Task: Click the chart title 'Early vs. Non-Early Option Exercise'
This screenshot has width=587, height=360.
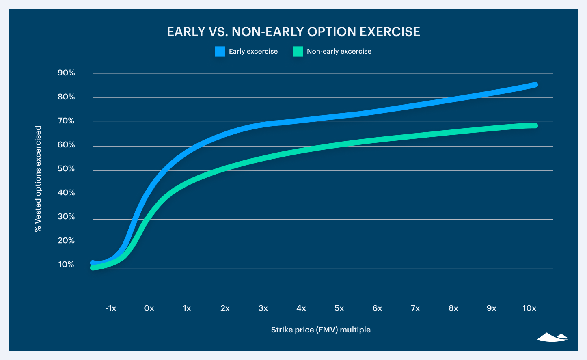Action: click(293, 32)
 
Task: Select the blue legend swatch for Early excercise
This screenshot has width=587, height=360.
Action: click(220, 52)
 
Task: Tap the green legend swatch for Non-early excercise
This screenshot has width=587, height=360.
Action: click(298, 52)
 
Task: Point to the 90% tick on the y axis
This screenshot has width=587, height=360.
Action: click(66, 73)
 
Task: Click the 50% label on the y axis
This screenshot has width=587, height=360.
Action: click(66, 169)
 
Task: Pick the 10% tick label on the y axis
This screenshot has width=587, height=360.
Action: click(66, 265)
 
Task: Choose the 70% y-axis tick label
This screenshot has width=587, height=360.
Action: click(66, 121)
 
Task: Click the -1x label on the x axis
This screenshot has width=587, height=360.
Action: click(111, 308)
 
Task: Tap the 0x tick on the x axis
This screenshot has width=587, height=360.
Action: click(149, 308)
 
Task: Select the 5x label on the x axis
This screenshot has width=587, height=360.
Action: click(339, 308)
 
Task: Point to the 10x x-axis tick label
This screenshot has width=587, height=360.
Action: click(529, 308)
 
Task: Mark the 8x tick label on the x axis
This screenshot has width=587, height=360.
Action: click(453, 308)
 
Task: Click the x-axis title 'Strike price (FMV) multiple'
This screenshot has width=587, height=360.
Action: click(321, 330)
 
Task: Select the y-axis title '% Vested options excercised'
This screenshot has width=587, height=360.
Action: click(38, 179)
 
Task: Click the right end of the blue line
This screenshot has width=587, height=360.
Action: click(535, 85)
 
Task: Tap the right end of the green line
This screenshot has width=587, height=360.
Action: click(535, 125)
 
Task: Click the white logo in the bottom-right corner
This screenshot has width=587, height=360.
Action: click(552, 337)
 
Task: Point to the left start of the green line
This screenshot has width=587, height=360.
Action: click(93, 267)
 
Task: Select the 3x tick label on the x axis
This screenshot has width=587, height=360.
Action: click(263, 308)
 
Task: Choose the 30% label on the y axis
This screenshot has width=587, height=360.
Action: click(66, 217)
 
